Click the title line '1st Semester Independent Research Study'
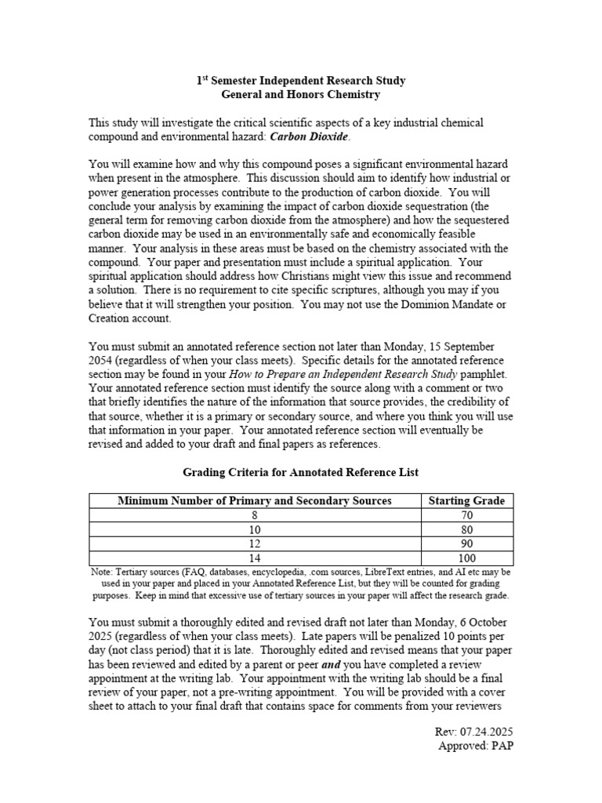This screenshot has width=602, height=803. point(301,81)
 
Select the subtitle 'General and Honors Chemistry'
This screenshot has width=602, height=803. point(301,95)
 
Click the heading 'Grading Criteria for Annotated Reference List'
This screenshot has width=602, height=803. point(301,472)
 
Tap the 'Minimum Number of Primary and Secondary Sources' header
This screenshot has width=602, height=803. point(254,500)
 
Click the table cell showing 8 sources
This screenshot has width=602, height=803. point(254,515)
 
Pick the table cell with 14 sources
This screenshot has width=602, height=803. point(254,558)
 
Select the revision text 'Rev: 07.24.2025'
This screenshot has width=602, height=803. point(474,732)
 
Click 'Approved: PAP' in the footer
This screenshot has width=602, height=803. point(476,746)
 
